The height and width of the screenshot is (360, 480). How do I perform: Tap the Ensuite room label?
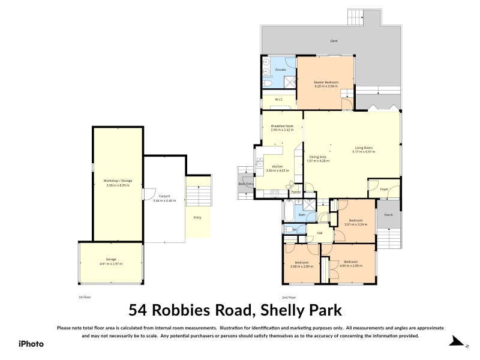pos(280,70)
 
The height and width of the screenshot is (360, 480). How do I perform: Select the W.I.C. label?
pos(279,100)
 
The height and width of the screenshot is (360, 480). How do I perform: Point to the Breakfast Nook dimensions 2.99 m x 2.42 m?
pos(282,130)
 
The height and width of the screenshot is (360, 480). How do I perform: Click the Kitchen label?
pos(277,166)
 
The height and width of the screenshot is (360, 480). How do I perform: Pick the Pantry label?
pos(295,192)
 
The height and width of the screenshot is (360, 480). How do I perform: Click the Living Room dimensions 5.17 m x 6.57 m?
pos(364,152)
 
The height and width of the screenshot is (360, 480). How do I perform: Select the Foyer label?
pos(384,189)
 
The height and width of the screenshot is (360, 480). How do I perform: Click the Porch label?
pos(388,215)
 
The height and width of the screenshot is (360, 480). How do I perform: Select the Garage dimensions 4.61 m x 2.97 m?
pos(110,263)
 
